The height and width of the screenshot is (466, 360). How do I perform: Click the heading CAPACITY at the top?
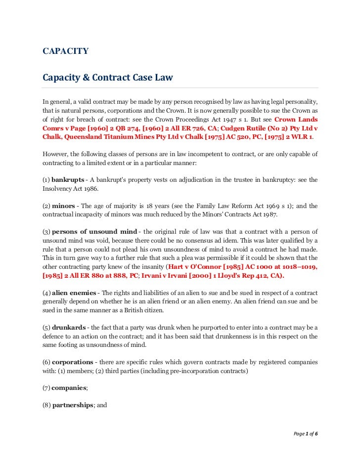[65, 51]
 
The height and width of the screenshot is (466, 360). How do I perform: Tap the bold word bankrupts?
[68, 179]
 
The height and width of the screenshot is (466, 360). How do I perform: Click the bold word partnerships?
[73, 405]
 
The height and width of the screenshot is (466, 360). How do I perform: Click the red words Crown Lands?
[296, 120]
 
